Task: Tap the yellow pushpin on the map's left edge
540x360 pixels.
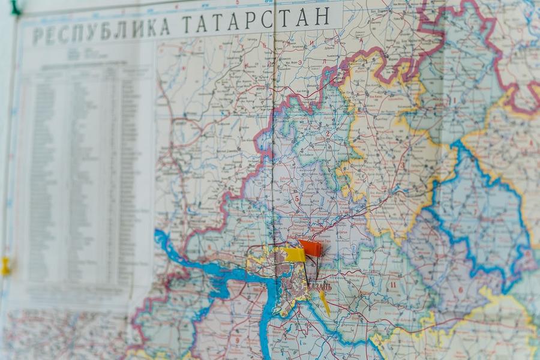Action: coord(5,266)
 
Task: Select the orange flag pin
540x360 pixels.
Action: coord(311,248)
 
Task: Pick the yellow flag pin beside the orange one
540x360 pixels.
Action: coord(295,254)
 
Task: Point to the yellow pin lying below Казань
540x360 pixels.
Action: coord(324,302)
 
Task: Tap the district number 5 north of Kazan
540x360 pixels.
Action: coord(296,199)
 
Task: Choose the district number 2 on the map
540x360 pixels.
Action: coord(328,133)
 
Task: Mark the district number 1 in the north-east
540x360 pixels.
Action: coord(454,101)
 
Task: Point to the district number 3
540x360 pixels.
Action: coord(403,166)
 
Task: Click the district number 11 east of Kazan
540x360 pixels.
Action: coord(393,284)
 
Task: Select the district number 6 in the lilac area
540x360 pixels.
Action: coord(461,289)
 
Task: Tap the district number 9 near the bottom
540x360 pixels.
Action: coord(238,340)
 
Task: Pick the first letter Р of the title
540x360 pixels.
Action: coord(37,35)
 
